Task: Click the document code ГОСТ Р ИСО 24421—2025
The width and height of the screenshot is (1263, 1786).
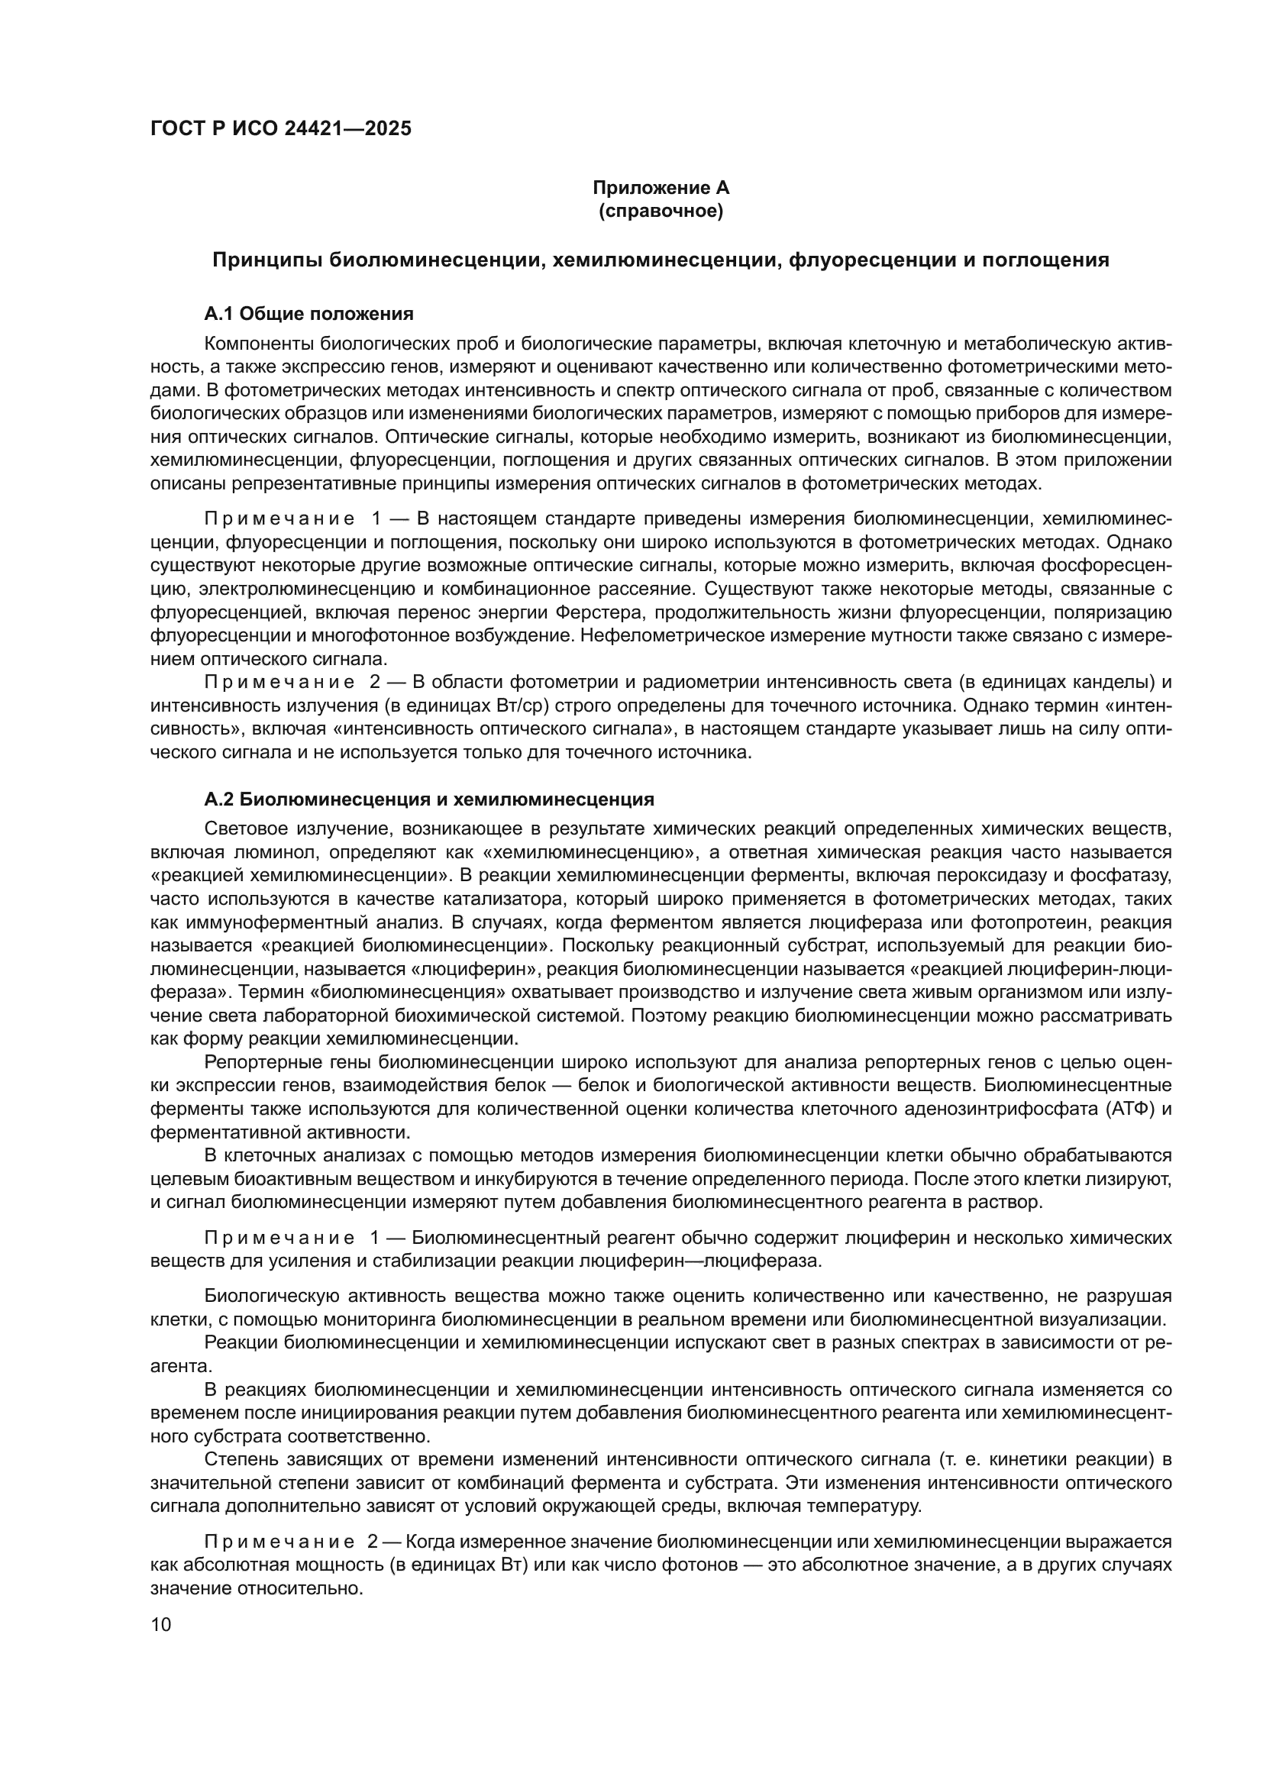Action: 281,128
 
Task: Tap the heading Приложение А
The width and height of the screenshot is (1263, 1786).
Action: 661,188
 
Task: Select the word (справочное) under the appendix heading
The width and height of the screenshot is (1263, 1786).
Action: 661,211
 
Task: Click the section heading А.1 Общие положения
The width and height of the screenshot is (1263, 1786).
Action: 308,314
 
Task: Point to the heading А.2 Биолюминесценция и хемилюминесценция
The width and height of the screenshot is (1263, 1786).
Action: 428,799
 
